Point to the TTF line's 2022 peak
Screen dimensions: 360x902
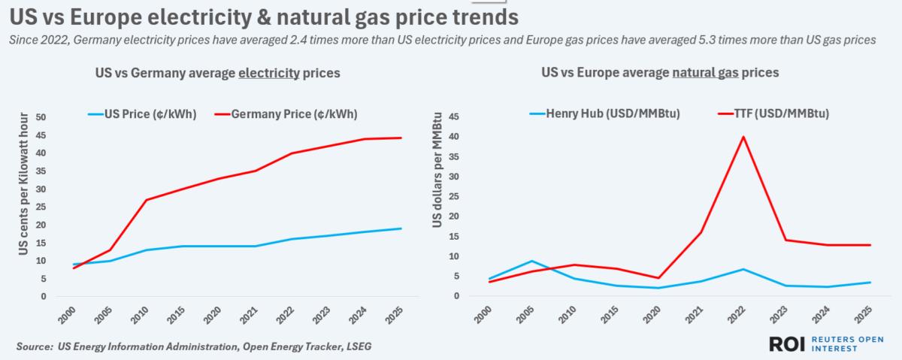tap(744, 137)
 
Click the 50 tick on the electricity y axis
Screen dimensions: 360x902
tap(41, 117)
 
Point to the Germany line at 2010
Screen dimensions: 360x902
tap(147, 200)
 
